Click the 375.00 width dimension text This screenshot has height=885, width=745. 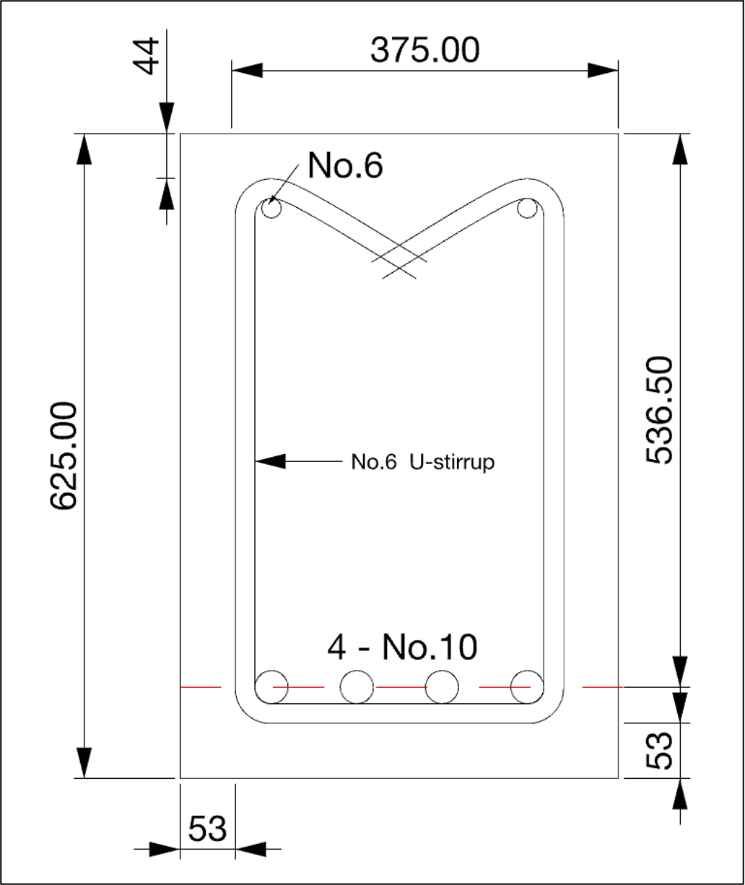424,51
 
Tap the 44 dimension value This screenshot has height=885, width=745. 148,57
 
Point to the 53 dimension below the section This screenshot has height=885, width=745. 207,829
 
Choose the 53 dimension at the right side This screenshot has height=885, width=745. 659,750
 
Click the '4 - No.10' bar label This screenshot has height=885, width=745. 402,648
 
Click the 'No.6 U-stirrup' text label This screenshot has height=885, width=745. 423,462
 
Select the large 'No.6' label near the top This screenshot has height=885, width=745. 345,165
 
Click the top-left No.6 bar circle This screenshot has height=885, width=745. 272,209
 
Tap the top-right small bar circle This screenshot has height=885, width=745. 527,209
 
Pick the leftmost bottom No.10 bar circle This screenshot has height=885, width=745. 272,686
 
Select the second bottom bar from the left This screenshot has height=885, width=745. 357,686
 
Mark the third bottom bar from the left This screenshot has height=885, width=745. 442,686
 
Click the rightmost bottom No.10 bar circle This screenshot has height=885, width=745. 526,686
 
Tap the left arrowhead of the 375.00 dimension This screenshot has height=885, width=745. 246,70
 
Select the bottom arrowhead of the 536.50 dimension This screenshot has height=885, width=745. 679,671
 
